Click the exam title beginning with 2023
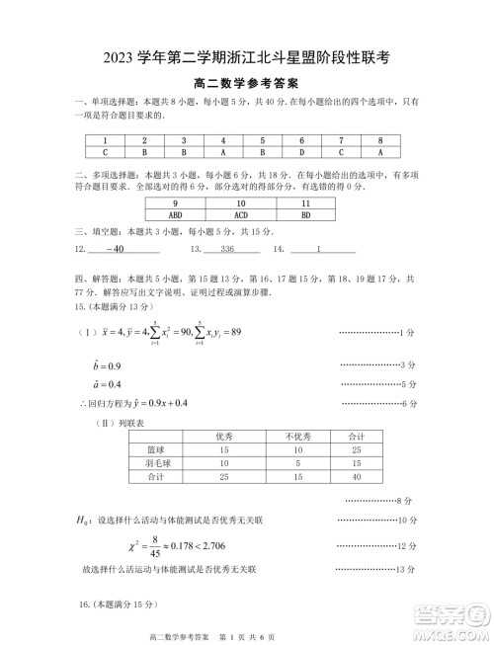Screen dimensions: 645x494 coord(247,58)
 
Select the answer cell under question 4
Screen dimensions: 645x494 coord(223,153)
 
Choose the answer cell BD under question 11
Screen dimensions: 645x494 coord(305,212)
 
